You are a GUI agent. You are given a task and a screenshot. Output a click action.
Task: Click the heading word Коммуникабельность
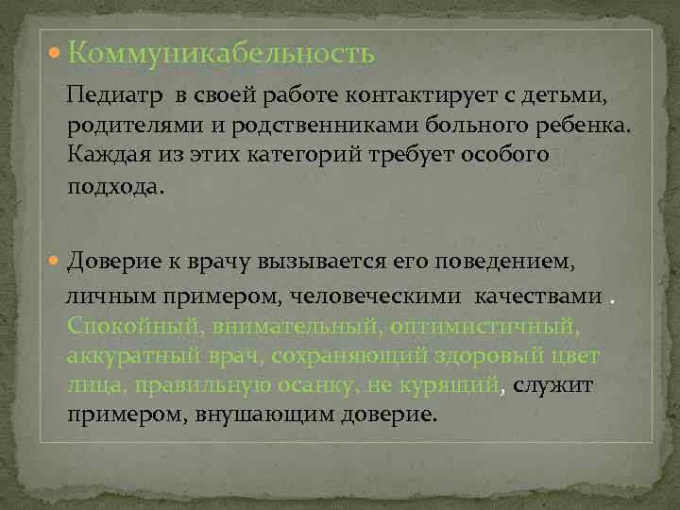click(221, 55)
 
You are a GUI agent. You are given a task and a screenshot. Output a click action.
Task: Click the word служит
click(564, 385)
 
